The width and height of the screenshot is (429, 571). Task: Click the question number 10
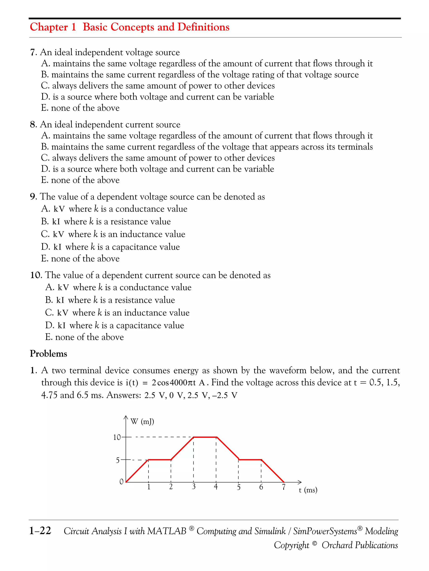[x=36, y=275]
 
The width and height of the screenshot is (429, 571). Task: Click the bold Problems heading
[x=48, y=354]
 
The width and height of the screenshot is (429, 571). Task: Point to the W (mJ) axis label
[x=142, y=422]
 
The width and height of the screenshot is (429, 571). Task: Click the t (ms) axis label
[x=308, y=490]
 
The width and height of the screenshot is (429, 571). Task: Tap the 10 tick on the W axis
[x=117, y=437]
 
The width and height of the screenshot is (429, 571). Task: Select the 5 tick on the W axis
[x=118, y=460]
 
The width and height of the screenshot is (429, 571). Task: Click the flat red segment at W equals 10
[x=205, y=437]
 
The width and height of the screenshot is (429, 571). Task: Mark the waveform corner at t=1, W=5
[x=148, y=460]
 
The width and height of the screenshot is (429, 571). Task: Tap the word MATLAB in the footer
[x=167, y=531]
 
